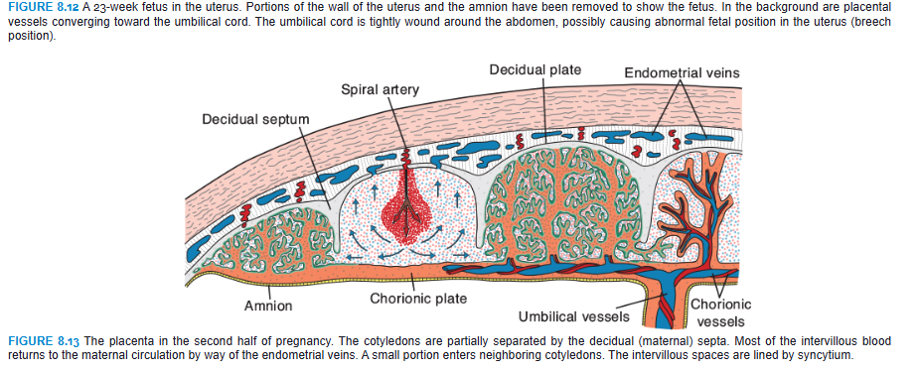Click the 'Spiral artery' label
pyautogui.click(x=380, y=90)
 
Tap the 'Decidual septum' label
pyautogui.click(x=255, y=119)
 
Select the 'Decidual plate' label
pyautogui.click(x=536, y=70)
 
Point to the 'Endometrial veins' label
pyautogui.click(x=682, y=73)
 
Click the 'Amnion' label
pyautogui.click(x=268, y=306)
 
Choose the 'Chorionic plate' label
pyautogui.click(x=418, y=298)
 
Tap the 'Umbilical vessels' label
pyautogui.click(x=574, y=317)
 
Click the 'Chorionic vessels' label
pyautogui.click(x=720, y=312)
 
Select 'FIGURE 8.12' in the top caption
pyautogui.click(x=40, y=7)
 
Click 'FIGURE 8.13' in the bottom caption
pyautogui.click(x=40, y=341)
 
